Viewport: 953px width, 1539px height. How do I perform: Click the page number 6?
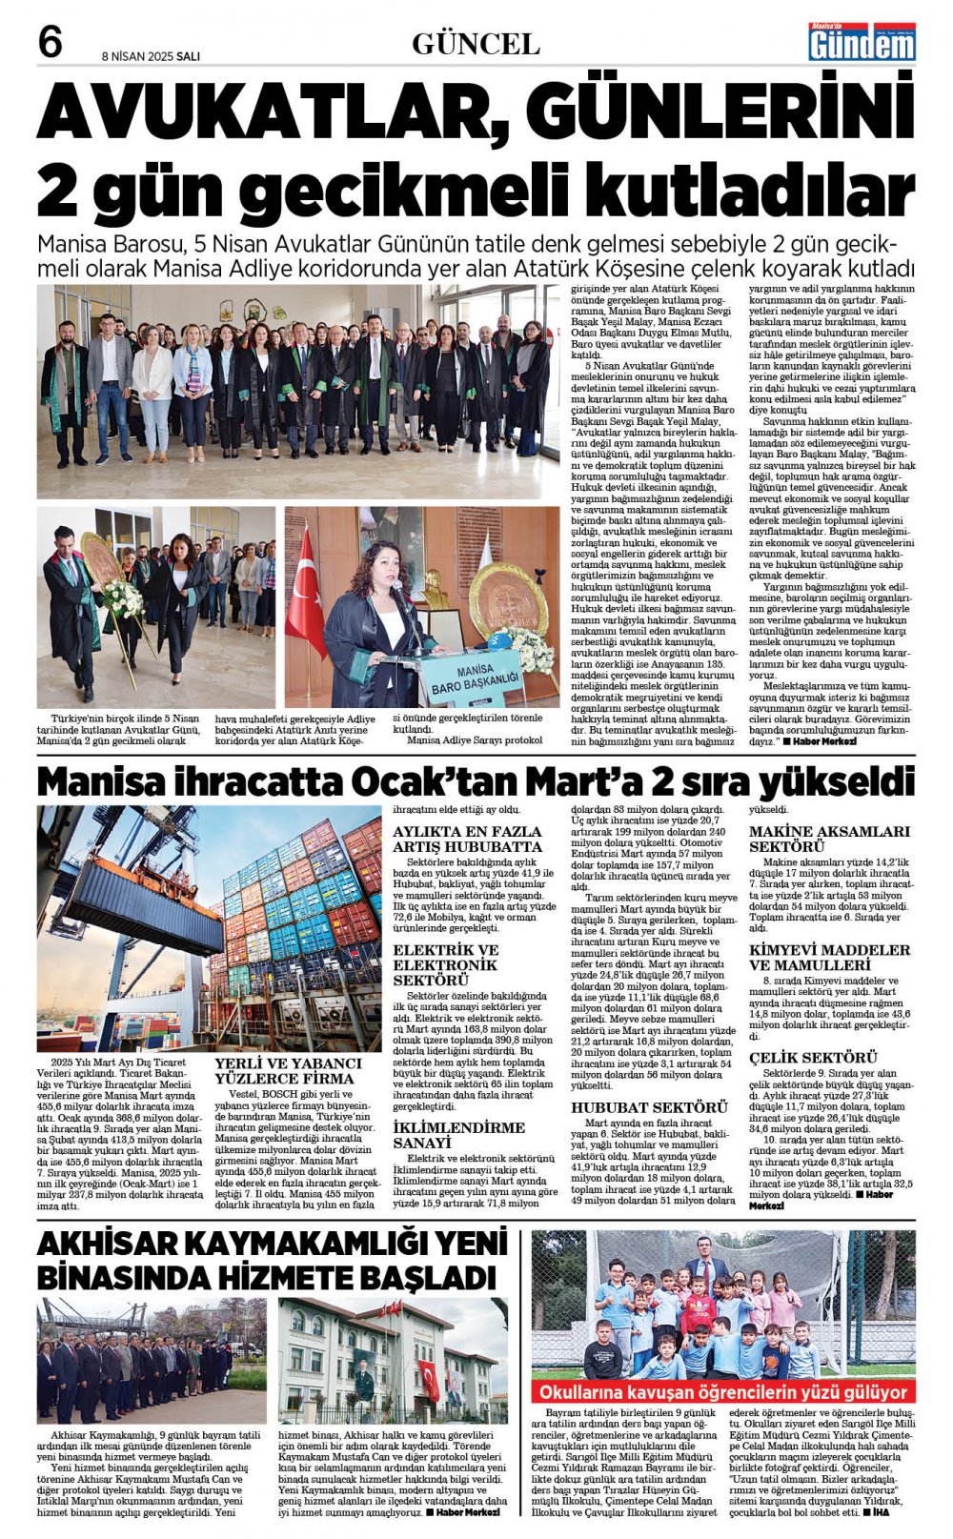[50, 42]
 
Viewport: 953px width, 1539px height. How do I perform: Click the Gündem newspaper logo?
[862, 42]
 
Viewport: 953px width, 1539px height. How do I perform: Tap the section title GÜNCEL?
[476, 44]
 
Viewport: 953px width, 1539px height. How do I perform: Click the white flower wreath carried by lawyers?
[121, 597]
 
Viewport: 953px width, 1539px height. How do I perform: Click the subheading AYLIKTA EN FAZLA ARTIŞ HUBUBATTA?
[467, 839]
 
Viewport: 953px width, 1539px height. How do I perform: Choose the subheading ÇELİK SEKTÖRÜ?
[813, 1058]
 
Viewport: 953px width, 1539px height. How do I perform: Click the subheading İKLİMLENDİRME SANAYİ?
[459, 1134]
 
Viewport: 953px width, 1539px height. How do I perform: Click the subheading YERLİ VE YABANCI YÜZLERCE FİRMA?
[289, 1070]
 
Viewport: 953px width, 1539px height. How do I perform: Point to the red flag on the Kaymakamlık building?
[429, 1380]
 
